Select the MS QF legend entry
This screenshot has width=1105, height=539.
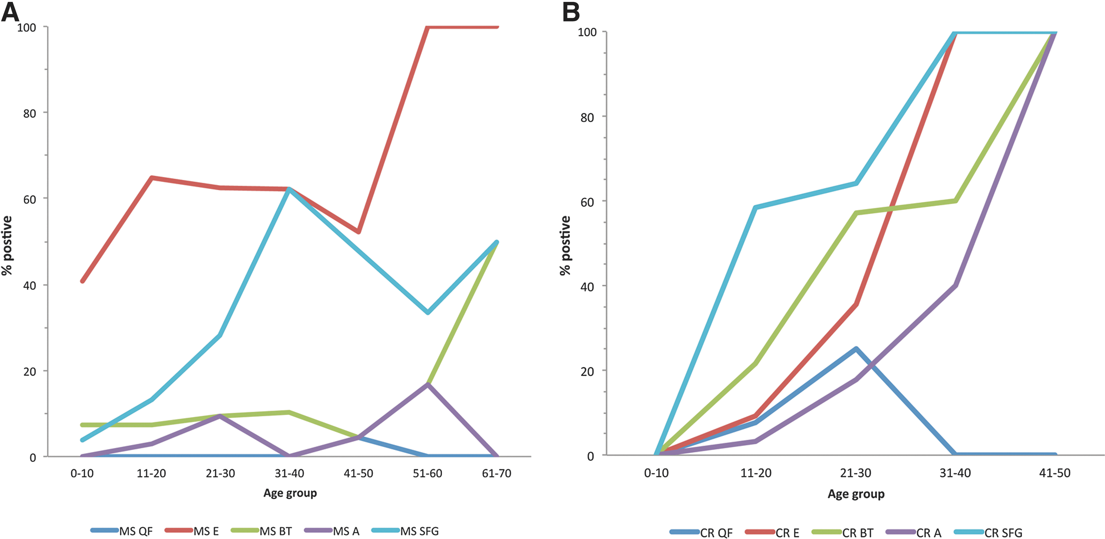(x=121, y=531)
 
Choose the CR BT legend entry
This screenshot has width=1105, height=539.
(x=843, y=532)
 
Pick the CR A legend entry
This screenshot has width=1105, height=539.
(x=914, y=532)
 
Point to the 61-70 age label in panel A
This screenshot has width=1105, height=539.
(x=497, y=473)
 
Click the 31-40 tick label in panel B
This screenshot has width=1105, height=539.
(x=955, y=473)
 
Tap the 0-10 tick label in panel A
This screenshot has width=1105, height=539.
(x=82, y=473)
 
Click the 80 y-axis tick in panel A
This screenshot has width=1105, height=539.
(x=30, y=113)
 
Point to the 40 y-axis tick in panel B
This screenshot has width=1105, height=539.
(x=587, y=287)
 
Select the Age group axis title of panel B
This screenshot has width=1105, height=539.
(x=856, y=494)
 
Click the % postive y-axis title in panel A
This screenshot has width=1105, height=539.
(x=7, y=245)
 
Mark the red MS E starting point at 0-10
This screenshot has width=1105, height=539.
(x=82, y=281)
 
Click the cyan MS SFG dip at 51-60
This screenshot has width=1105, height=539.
(x=428, y=312)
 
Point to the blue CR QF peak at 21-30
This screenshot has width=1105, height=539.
(x=856, y=349)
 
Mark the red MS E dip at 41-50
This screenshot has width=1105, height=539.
(x=359, y=232)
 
